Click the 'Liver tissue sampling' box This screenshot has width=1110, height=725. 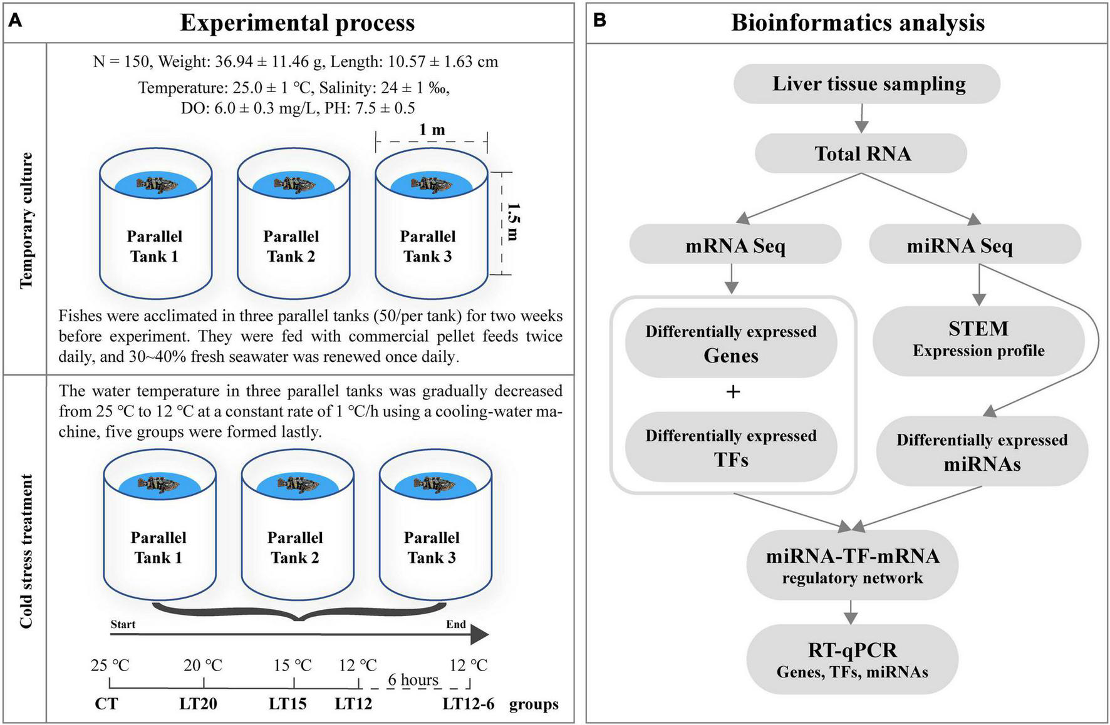[868, 84]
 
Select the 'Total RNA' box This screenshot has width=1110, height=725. [861, 153]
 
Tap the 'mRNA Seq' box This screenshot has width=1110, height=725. [735, 245]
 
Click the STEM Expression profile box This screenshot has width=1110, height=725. [978, 339]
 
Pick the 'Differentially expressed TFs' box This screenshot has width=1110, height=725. [731, 448]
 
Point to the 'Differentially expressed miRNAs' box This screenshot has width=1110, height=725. [982, 452]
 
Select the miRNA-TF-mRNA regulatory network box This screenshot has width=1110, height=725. [852, 565]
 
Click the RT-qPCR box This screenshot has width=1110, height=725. [852, 659]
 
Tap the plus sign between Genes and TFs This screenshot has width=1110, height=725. [732, 392]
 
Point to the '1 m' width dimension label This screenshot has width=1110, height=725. [432, 130]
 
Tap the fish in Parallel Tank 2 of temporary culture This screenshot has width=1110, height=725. [293, 184]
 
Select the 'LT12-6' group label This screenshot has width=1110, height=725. [468, 704]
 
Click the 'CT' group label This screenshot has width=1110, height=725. [106, 704]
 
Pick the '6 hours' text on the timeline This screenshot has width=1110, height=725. [413, 679]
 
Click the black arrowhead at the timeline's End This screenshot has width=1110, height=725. [479, 635]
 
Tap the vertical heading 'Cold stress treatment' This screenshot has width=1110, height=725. [26, 550]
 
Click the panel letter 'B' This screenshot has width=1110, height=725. [599, 21]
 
